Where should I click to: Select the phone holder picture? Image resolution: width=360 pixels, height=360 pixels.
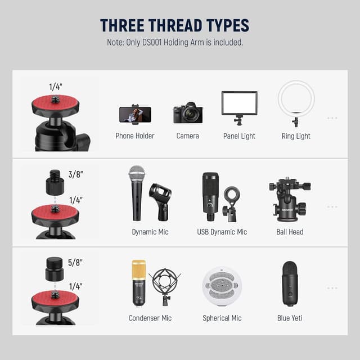point(135,115)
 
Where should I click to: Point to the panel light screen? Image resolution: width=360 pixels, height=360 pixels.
point(239,103)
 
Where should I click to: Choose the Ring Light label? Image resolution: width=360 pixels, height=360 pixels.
point(296,136)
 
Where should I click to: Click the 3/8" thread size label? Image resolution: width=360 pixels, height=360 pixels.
point(75,174)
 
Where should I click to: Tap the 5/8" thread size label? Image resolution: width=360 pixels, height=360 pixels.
point(75,263)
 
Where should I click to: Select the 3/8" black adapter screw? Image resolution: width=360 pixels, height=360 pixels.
point(55,182)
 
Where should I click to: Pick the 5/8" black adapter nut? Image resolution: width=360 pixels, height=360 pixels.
point(55,269)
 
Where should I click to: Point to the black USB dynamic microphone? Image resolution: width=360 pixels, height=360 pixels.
point(210,196)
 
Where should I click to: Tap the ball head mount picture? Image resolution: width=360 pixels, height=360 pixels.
point(290,199)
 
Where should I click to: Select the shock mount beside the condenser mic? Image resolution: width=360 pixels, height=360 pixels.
point(165,287)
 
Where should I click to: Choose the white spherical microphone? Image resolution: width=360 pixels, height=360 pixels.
point(222,286)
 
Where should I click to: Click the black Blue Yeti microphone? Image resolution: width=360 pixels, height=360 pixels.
point(290,283)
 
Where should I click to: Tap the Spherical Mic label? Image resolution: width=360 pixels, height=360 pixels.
point(222,318)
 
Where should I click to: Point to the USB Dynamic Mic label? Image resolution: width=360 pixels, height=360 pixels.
point(222,232)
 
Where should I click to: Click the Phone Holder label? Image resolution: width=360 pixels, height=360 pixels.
point(135,136)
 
